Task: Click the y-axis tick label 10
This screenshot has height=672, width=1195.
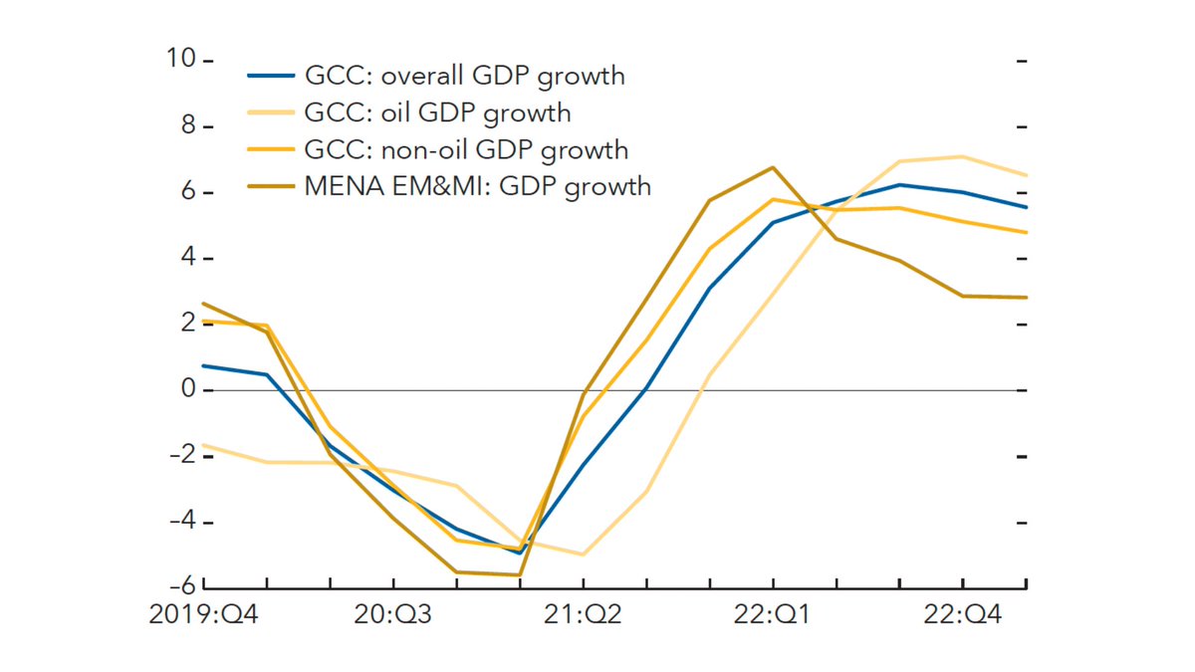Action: (x=182, y=60)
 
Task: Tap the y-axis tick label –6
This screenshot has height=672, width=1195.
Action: (x=180, y=587)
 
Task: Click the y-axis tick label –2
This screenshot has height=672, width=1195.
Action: (x=180, y=456)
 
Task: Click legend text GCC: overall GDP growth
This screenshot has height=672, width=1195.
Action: (x=465, y=76)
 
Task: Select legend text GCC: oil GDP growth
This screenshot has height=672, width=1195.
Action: (x=438, y=112)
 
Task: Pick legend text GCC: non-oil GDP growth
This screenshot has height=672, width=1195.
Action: (x=467, y=149)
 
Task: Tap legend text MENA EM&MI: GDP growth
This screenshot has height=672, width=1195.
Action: (x=478, y=185)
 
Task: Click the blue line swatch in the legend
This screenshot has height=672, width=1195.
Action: (x=271, y=76)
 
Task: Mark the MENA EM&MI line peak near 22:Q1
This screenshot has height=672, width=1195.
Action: (x=773, y=167)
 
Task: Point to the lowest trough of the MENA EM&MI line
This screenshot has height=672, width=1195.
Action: (x=519, y=574)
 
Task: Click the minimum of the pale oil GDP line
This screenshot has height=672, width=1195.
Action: (x=583, y=555)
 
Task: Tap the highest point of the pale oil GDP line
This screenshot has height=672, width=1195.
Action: (x=962, y=156)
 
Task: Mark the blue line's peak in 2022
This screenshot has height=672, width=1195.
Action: (x=899, y=184)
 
